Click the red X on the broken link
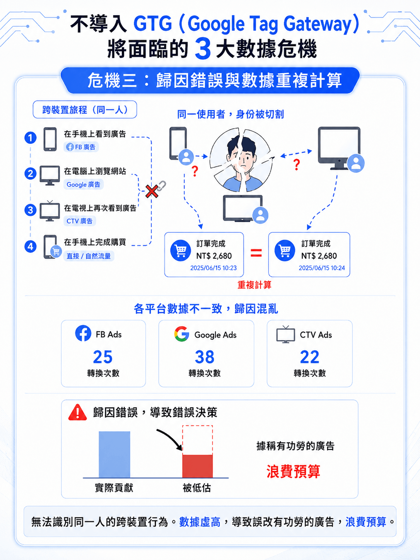tap(152, 191)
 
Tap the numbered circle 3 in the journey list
tap(30, 210)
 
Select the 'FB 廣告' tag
tap(81, 147)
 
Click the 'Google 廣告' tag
tap(84, 184)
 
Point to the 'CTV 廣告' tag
tap(80, 221)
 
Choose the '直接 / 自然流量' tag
tap(89, 256)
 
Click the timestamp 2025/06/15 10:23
tap(213, 268)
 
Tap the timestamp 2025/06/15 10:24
tap(322, 268)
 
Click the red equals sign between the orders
tap(256, 253)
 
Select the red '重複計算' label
tap(254, 285)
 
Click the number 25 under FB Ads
tap(103, 357)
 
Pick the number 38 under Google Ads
tap(205, 357)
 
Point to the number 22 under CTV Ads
tap(309, 357)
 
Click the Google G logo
tap(181, 334)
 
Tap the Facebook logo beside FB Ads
tap(83, 333)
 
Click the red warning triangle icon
tap(77, 412)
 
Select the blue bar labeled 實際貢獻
tap(114, 454)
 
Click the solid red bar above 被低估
tap(197, 466)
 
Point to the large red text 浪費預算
tap(293, 471)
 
